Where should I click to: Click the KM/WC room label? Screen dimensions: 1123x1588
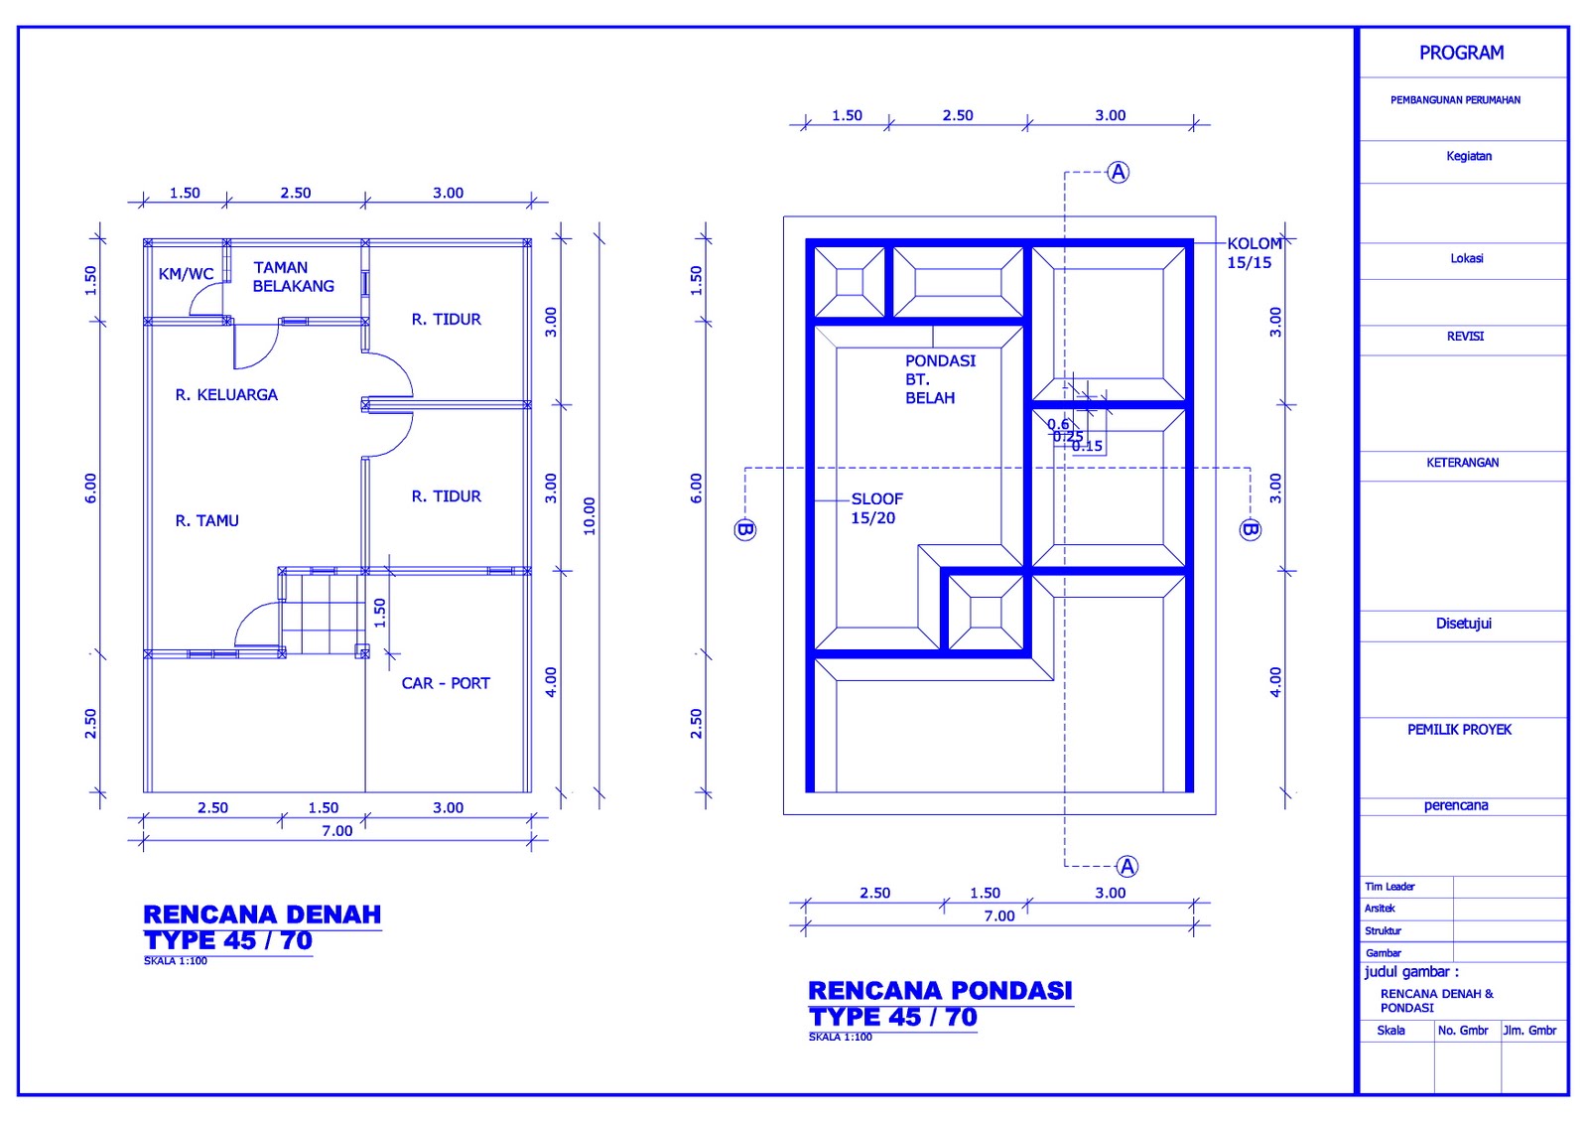tap(186, 274)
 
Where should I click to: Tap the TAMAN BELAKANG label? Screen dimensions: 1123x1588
tap(293, 277)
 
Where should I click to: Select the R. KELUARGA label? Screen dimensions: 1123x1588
tap(226, 395)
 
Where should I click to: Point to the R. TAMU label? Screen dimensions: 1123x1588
tap(206, 520)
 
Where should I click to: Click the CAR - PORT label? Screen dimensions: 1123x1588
tap(446, 683)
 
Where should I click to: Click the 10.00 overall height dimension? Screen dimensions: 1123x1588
tap(590, 516)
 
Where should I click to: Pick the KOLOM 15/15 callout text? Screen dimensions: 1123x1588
tap(1253, 253)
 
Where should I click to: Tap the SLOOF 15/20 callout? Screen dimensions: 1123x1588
tap(876, 508)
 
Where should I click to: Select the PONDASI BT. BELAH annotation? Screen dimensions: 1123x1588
tap(939, 379)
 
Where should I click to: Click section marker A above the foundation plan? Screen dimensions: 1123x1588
tap(1119, 173)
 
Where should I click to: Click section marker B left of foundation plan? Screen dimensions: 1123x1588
tap(745, 529)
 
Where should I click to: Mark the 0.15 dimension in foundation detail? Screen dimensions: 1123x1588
tap(1088, 447)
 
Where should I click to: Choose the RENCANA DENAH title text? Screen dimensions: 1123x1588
tap(262, 914)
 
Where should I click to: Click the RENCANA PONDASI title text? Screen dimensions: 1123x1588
tap(940, 991)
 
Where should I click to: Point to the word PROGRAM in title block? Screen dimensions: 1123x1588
tap(1461, 53)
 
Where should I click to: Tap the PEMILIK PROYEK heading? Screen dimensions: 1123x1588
tap(1459, 730)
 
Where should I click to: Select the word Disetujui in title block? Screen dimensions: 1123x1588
tap(1463, 624)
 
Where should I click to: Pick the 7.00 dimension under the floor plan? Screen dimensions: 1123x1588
tap(336, 831)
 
